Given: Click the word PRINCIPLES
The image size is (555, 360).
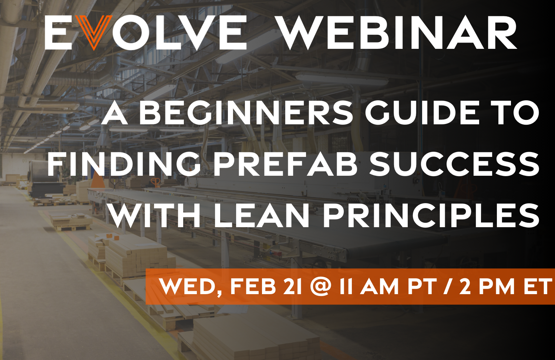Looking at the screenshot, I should (x=431, y=215).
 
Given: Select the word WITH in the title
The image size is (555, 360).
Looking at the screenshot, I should (x=155, y=215).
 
